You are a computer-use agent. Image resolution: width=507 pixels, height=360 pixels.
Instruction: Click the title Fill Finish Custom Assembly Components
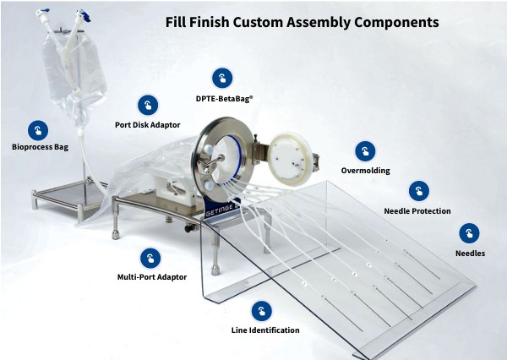[302, 22]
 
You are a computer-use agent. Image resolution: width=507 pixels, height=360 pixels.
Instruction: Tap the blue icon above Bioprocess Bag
[37, 130]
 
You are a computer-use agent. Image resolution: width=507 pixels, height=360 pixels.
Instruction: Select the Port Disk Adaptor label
[147, 125]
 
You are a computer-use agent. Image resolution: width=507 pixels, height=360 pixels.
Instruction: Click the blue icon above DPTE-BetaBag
[222, 79]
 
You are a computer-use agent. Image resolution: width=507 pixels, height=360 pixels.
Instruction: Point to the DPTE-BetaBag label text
[224, 99]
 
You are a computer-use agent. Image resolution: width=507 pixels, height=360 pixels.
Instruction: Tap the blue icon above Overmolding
[365, 150]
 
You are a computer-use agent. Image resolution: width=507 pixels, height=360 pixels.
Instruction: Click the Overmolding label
[365, 171]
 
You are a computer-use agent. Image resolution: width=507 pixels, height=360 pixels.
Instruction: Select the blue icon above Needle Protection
[417, 191]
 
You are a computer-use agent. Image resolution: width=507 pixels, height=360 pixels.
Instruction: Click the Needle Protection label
[417, 211]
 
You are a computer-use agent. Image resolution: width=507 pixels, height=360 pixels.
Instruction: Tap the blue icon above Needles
[469, 233]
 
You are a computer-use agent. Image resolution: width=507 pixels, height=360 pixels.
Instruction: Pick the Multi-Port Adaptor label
[152, 277]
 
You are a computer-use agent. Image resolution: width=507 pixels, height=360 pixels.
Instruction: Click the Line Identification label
[265, 330]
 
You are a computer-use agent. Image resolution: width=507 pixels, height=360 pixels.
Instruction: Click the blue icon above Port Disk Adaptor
[147, 105]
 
